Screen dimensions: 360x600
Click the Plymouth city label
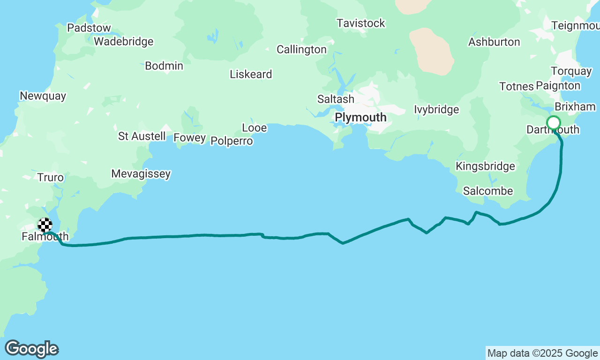(360, 117)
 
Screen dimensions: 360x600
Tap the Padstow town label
(89, 28)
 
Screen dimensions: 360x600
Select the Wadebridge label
(124, 42)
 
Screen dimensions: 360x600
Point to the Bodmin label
(164, 66)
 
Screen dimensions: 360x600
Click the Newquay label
(43, 96)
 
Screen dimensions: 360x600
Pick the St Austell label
(142, 136)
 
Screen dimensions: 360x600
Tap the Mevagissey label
(141, 174)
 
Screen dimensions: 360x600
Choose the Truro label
(51, 178)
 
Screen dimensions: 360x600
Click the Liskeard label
(251, 75)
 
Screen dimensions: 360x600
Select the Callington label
(301, 50)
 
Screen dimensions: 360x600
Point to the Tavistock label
(361, 23)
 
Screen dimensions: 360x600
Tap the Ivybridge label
(436, 110)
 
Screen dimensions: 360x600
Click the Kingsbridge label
(485, 166)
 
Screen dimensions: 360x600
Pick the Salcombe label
(488, 191)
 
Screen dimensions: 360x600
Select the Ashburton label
(494, 42)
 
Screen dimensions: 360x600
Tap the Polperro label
(232, 141)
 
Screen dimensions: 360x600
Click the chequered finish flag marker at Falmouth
(45, 225)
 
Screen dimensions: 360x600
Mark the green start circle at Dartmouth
(554, 123)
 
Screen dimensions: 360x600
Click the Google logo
(31, 349)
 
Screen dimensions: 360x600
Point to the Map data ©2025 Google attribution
(542, 353)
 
